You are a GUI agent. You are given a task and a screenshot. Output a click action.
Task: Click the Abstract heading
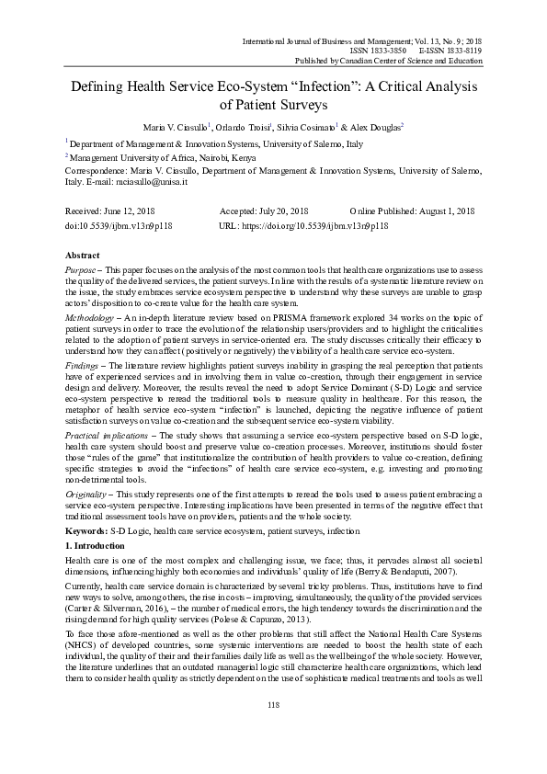[83, 254]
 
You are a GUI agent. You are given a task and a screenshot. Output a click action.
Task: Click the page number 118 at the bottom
[273, 730]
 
